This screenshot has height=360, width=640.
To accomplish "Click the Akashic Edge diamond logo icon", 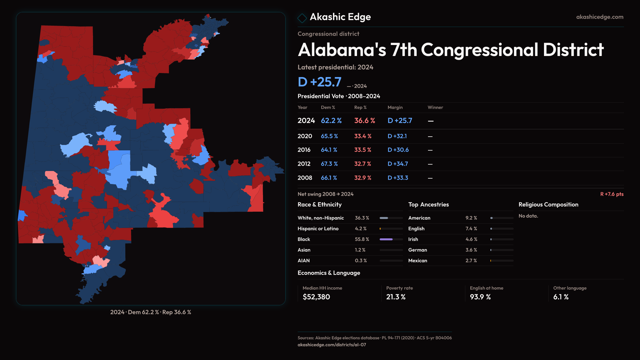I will pos(302,18).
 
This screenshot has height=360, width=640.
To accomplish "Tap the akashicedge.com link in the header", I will pos(600,17).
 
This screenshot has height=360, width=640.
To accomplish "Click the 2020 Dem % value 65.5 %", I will pos(329,136).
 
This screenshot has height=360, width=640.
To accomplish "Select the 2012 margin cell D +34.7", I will pos(398,164).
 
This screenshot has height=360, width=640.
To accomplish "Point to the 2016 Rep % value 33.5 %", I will pos(363,150).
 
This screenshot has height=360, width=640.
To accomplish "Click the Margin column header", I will pos(395,107).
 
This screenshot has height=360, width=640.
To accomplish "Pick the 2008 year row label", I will pos(305,178).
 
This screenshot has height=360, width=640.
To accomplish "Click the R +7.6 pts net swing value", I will pos(612,194).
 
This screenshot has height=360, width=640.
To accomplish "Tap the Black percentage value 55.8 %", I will pos(362,239).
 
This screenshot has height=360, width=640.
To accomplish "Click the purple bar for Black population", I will pos(386,239).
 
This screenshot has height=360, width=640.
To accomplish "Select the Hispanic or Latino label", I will pos(318,229).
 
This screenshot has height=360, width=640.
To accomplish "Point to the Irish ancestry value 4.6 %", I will pos(471,239).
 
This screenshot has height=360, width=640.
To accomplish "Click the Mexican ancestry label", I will pos(418,261).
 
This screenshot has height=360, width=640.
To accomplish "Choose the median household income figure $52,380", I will pos(316,297).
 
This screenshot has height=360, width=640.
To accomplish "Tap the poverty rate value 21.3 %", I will pos(396,297).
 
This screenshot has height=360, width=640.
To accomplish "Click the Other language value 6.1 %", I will pos(561,297).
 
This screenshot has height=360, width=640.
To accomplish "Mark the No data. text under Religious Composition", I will pos(528,216).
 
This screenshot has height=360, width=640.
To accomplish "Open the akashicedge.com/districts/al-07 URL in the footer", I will pos(332,345).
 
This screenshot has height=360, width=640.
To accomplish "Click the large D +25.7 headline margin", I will pos(319,82).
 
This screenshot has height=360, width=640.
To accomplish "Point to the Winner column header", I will pos(435,107).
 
